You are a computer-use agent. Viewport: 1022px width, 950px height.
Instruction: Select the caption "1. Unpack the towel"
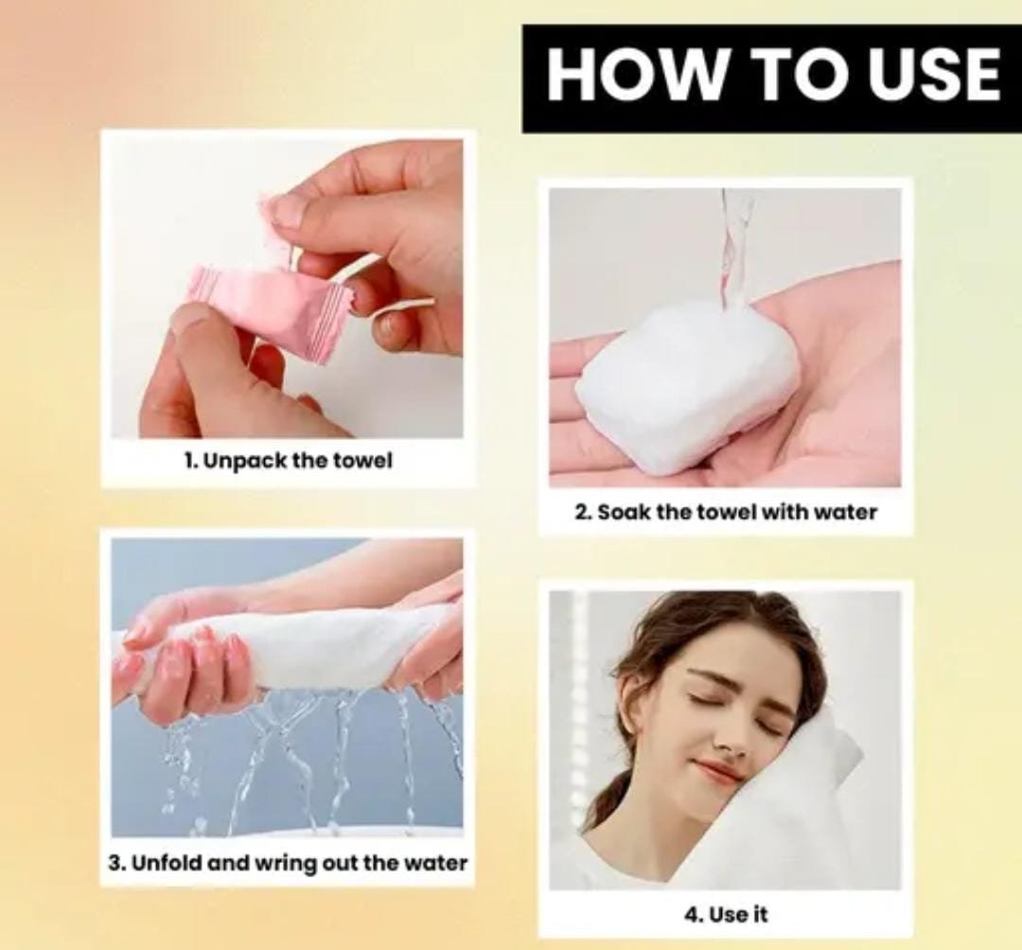click(288, 461)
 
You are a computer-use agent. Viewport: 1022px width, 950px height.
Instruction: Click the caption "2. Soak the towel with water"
click(726, 512)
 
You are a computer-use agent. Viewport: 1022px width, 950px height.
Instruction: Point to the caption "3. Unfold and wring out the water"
click(288, 863)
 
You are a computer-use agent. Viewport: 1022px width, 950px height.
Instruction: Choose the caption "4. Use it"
click(726, 914)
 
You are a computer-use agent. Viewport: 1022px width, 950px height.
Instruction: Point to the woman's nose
click(734, 736)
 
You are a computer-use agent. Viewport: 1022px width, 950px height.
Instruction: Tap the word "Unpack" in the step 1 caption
click(244, 462)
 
